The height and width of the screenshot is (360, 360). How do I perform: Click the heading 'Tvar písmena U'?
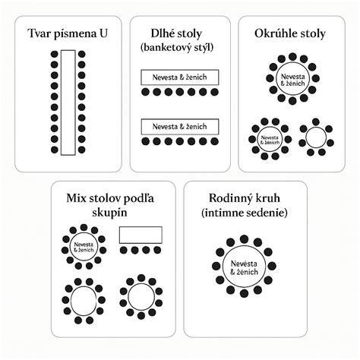(68, 33)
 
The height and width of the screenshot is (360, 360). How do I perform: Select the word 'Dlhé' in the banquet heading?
(162, 33)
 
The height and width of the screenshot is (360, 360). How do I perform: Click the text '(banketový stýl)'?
(177, 47)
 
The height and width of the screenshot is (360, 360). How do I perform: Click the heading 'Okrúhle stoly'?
(290, 33)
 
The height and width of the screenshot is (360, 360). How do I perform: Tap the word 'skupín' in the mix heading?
(109, 213)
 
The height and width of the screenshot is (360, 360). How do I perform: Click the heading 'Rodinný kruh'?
(245, 198)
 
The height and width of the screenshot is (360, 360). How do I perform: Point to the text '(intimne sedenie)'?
(245, 213)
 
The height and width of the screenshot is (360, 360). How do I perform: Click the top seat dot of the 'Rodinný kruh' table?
(244, 239)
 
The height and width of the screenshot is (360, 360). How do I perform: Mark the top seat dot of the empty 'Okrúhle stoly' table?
(316, 122)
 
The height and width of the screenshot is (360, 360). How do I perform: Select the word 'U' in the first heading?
(103, 33)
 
